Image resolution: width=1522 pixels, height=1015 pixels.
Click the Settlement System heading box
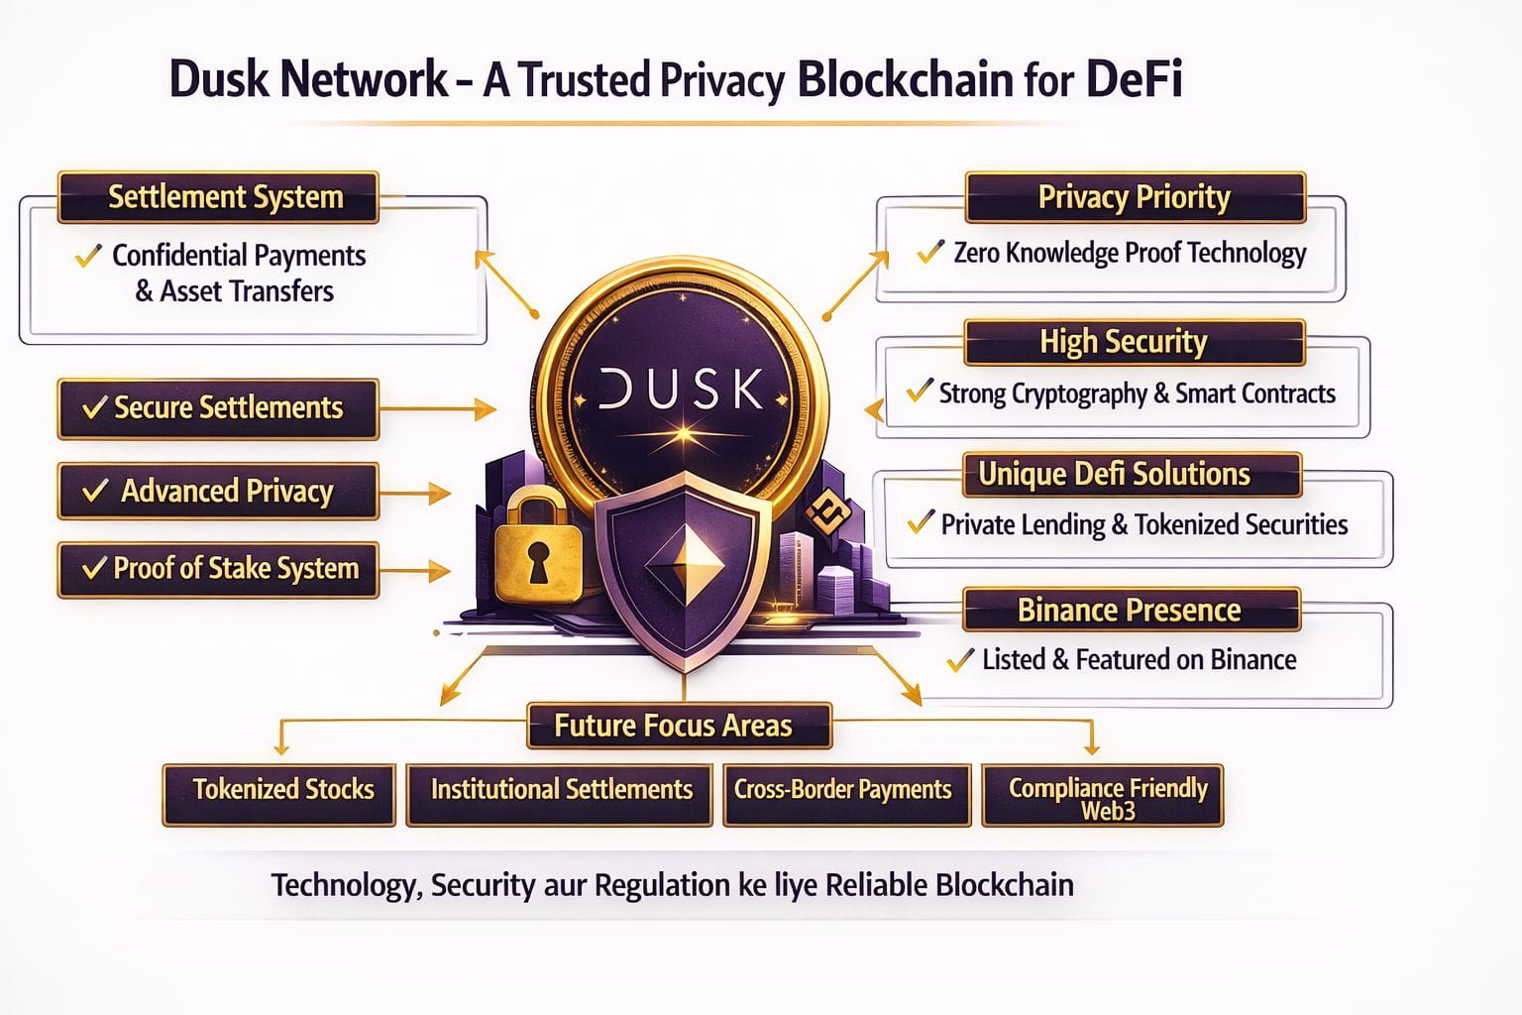coord(218,197)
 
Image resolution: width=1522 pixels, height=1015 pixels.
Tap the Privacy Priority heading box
coord(1135,197)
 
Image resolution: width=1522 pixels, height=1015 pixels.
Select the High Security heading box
coord(1134,342)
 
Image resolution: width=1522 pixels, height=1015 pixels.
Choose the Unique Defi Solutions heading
coord(1131,475)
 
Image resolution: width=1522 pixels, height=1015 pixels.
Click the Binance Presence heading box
coord(1131,610)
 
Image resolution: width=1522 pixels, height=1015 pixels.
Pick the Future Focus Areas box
coord(679,726)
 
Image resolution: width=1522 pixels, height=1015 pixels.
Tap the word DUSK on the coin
coord(682,390)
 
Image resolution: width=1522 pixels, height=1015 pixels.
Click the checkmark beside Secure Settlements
coord(94,407)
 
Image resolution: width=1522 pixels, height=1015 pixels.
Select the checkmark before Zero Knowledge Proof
coord(929,252)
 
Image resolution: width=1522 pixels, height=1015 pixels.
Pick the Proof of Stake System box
coord(218,569)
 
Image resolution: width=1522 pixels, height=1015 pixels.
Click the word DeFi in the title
coord(1135,79)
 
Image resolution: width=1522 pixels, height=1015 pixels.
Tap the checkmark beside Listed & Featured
coord(959,660)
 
